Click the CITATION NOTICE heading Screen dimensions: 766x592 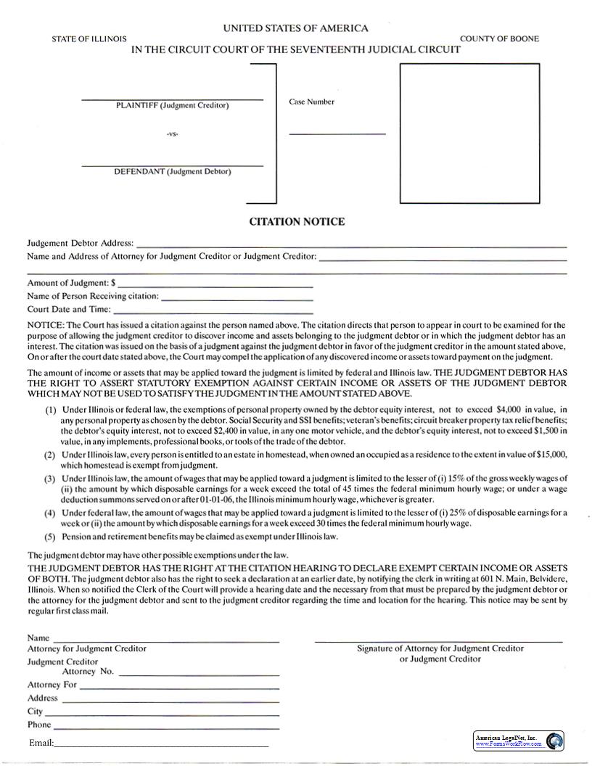pyautogui.click(x=297, y=222)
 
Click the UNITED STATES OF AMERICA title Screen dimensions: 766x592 pyautogui.click(x=295, y=28)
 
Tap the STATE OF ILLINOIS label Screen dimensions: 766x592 pyautogui.click(x=89, y=39)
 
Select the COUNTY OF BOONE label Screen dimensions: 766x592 pyautogui.click(x=499, y=39)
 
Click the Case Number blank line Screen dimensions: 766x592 pyautogui.click(x=337, y=133)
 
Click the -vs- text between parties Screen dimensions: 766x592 pyautogui.click(x=172, y=134)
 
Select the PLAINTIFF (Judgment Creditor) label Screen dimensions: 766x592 pyautogui.click(x=172, y=106)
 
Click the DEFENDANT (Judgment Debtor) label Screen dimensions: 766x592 pyautogui.click(x=172, y=172)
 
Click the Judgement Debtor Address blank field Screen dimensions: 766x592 pyautogui.click(x=351, y=245)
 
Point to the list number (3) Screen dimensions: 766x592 pyautogui.click(x=51, y=479)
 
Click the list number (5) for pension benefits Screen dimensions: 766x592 pyautogui.click(x=51, y=538)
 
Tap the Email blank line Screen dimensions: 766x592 pyautogui.click(x=161, y=745)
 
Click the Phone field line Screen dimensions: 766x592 pyautogui.click(x=166, y=727)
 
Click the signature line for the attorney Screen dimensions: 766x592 pyautogui.click(x=439, y=641)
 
